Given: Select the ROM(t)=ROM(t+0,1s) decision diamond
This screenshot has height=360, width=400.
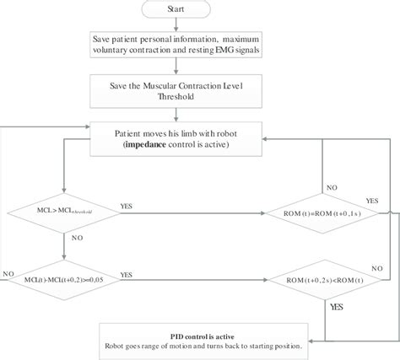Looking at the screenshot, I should pyautogui.click(x=322, y=212).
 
